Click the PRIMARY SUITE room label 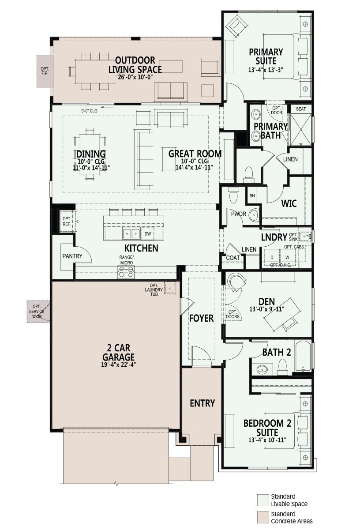(x=266, y=56)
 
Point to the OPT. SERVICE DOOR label (x=38, y=312)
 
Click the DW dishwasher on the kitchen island (x=148, y=233)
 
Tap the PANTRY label (x=71, y=256)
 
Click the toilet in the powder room (x=233, y=194)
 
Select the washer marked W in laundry (x=287, y=257)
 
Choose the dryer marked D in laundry (x=272, y=257)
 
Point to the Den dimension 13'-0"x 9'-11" (x=267, y=309)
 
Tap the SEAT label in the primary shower (x=300, y=109)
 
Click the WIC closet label (x=289, y=203)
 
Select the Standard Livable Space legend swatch (x=262, y=500)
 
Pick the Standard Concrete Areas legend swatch (x=262, y=517)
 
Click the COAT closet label (x=232, y=258)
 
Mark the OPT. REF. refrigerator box (x=67, y=221)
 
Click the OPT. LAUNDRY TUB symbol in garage (x=170, y=288)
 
